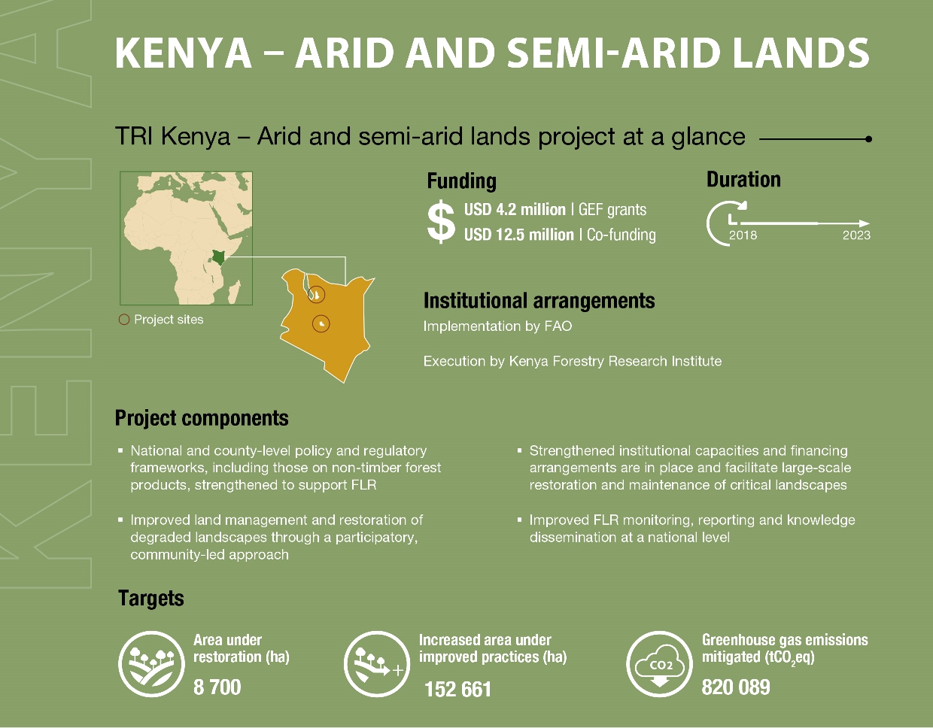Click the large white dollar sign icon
coord(441,222)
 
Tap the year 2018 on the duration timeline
coord(743,235)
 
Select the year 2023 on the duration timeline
coord(856,235)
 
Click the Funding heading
coord(461,181)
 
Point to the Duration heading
coord(743,180)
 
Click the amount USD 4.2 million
coord(515,210)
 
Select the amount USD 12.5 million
coord(518,235)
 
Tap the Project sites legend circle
coord(124,320)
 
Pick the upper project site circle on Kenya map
coord(317,295)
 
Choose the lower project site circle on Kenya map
coord(321,323)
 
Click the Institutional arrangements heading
coord(539,301)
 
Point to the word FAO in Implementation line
coord(558,326)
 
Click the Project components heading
coord(202,418)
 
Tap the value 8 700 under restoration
coord(217,687)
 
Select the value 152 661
coord(457,689)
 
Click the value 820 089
coord(735,687)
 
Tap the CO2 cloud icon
coord(660,664)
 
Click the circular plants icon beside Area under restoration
coord(151,664)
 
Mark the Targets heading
coord(151,599)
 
